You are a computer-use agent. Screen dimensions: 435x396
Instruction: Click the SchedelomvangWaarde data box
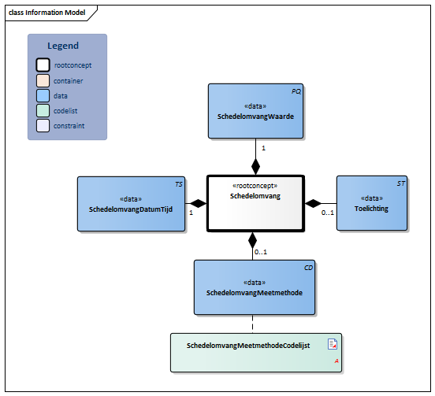pos(255,111)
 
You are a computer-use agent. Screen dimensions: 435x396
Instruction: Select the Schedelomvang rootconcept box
pos(255,203)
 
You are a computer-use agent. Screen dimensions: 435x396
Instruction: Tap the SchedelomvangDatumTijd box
pos(132,204)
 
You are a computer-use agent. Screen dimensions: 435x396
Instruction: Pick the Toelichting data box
pos(372,203)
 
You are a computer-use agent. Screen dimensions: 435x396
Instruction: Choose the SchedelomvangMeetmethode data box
pos(255,287)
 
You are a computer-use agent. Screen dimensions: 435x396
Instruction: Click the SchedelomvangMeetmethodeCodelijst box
pos(256,353)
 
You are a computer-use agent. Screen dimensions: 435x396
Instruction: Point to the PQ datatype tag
pos(296,91)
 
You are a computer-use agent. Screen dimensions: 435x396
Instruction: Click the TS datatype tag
pos(179,184)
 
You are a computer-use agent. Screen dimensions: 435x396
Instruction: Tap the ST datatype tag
pos(401,183)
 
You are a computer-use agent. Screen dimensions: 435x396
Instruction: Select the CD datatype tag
pos(308,268)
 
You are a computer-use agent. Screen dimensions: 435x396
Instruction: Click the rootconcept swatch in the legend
pos(43,65)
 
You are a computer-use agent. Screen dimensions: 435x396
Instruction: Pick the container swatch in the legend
pos(43,80)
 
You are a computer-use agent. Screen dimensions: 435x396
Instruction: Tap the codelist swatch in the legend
pos(43,110)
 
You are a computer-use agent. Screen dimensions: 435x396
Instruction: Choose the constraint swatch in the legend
pos(43,125)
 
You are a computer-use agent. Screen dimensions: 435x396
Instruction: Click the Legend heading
pos(63,46)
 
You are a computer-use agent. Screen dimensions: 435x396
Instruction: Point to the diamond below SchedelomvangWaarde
pos(255,167)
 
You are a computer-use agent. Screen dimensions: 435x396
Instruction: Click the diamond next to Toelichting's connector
pos(313,203)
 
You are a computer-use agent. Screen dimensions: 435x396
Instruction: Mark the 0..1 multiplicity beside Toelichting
pos(328,213)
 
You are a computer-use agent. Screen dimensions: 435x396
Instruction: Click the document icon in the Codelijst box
pos(333,344)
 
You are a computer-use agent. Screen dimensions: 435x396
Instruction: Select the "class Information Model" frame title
pos(46,13)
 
